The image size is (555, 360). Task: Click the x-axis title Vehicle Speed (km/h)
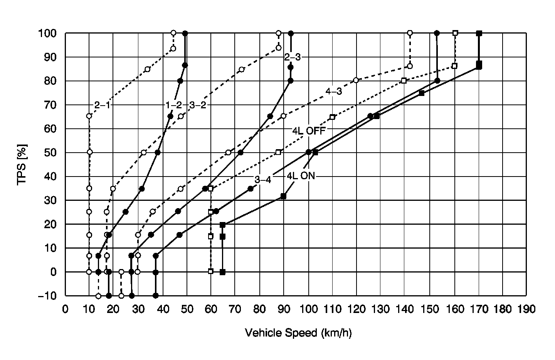(298, 333)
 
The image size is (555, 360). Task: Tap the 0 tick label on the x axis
(66, 309)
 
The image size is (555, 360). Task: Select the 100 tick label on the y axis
(47, 33)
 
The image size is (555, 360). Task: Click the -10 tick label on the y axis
(47, 296)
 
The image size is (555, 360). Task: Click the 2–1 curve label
(102, 105)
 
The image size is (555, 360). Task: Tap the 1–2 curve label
(173, 105)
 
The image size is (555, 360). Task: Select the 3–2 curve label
(198, 105)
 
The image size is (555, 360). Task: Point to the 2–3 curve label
(293, 57)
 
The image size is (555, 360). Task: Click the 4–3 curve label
(333, 92)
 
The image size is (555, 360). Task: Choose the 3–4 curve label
(262, 179)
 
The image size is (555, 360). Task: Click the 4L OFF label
(309, 130)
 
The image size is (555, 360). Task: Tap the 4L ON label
(301, 176)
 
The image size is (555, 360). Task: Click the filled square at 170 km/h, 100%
(479, 34)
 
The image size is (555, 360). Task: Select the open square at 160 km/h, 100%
(455, 33)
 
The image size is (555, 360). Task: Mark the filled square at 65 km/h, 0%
(222, 272)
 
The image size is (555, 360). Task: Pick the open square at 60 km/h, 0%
(210, 271)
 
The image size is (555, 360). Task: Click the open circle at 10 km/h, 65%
(89, 116)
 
